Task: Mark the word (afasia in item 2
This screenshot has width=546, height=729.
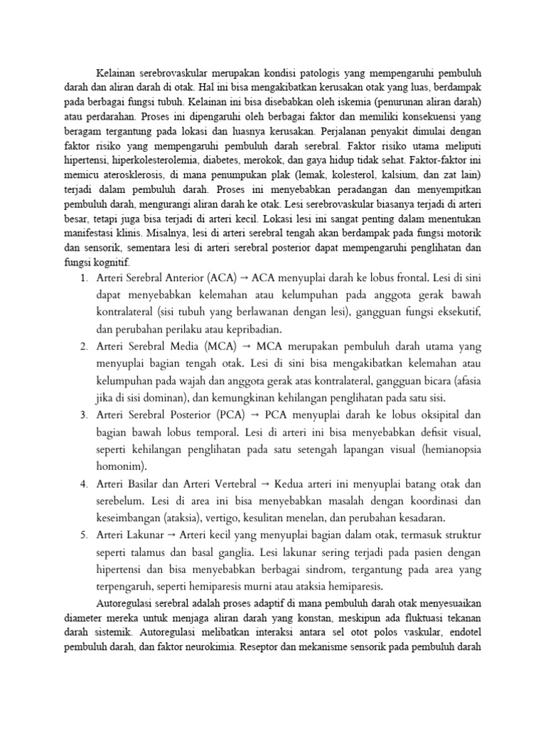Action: [464, 381]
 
